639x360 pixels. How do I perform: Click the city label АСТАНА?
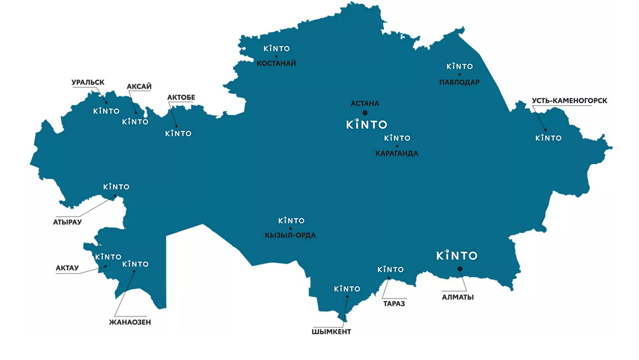tap(365, 104)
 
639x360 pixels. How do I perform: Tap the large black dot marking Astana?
tap(365, 113)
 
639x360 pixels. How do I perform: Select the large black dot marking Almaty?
tap(460, 269)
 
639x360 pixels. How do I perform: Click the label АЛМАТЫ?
tap(458, 297)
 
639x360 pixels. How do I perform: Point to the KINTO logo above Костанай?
tap(277, 49)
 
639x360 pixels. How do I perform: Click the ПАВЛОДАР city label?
tap(459, 82)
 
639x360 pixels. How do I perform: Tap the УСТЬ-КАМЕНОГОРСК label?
tap(569, 101)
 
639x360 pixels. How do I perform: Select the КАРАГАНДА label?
tap(397, 154)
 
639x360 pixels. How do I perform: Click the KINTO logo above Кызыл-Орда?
tap(291, 220)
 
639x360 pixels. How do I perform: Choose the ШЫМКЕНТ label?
tap(331, 332)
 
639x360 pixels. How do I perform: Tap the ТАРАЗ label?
tap(394, 304)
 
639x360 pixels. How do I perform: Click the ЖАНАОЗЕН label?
tap(130, 322)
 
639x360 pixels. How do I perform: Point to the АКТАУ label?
tap(67, 268)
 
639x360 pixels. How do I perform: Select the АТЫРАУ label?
tap(67, 222)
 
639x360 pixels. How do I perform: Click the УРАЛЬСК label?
tap(88, 82)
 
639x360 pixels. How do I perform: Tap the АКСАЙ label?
tap(139, 87)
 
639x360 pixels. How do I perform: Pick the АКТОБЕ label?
tap(181, 98)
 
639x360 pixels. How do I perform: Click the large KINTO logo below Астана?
tap(366, 124)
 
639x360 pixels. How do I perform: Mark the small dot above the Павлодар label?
tap(460, 74)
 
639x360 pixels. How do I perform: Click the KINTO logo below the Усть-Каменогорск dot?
tap(548, 138)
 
